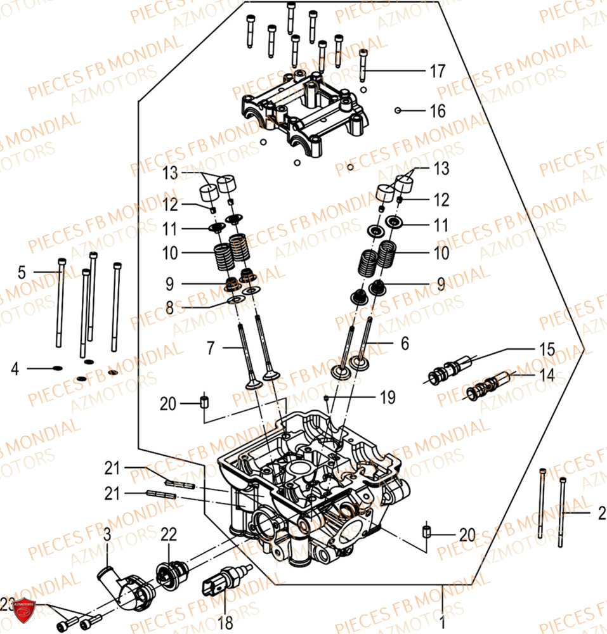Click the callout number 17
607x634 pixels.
(x=438, y=72)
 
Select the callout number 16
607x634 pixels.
(x=438, y=111)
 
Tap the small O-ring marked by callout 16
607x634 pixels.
(x=397, y=110)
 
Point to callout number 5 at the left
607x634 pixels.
(x=22, y=273)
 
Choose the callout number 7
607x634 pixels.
(x=212, y=347)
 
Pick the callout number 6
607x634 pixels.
(x=404, y=344)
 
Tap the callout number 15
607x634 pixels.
(x=547, y=349)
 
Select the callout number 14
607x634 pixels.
(x=547, y=375)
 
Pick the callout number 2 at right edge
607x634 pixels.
(x=600, y=515)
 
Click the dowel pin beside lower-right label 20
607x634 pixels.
(x=427, y=531)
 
